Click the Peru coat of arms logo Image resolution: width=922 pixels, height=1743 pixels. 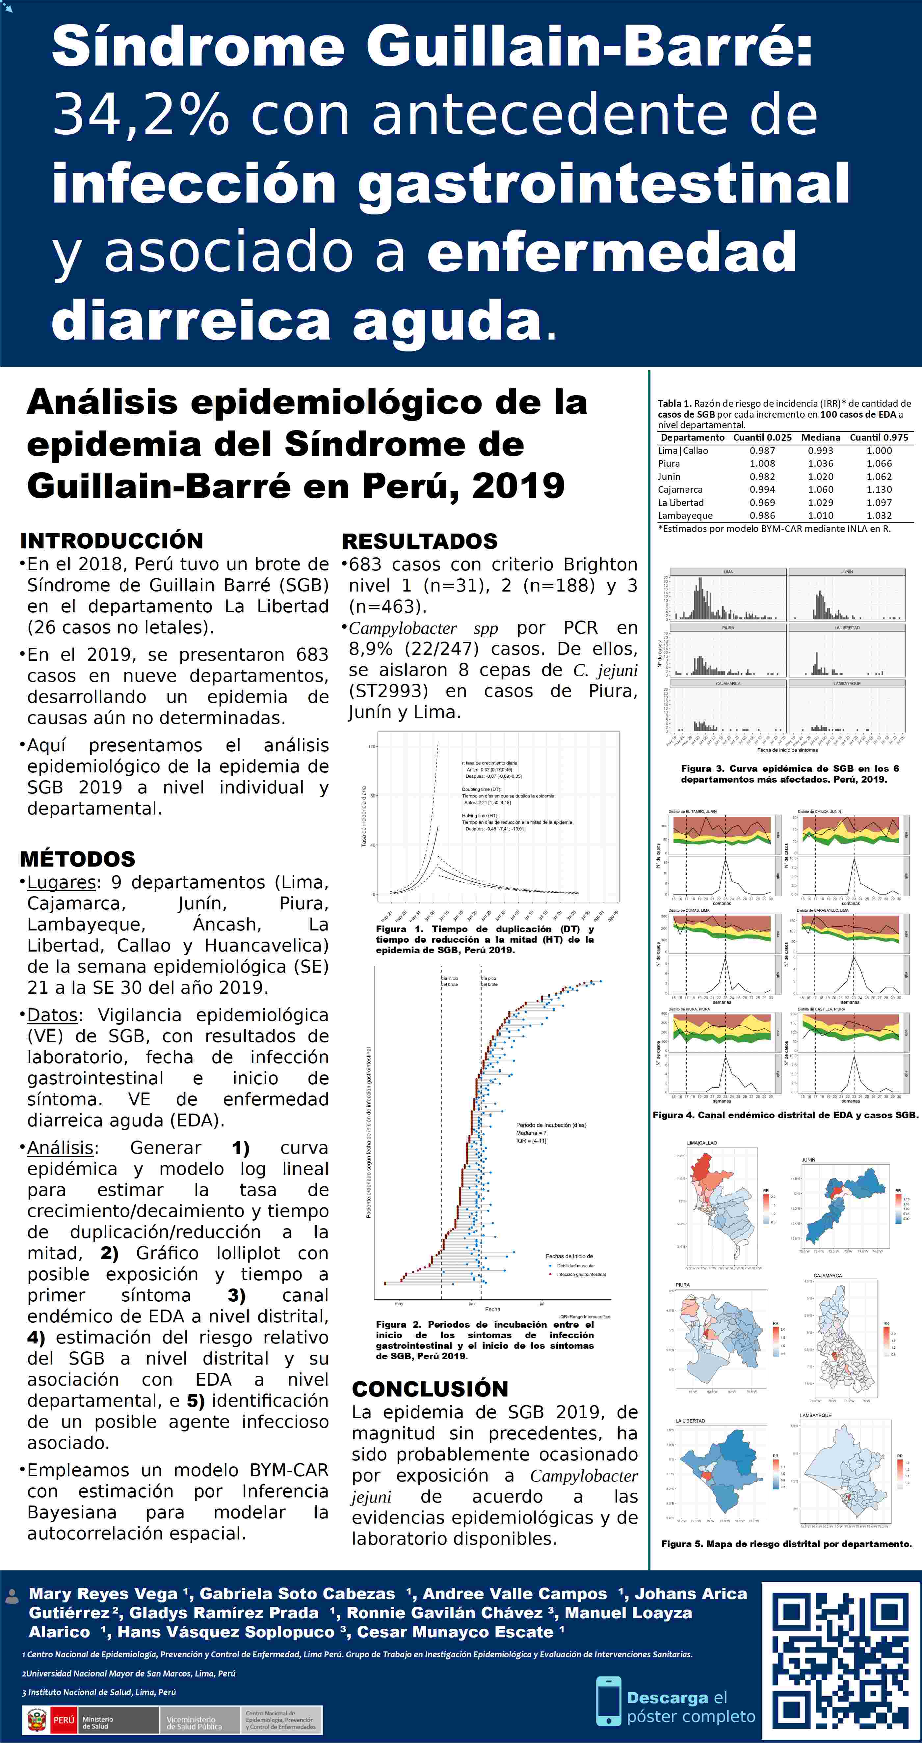[36, 1719]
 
